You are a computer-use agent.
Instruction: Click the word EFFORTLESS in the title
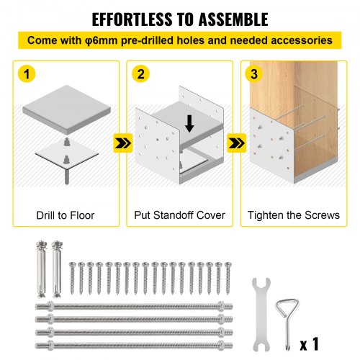pos(132,19)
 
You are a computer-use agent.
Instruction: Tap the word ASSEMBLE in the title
pos(233,19)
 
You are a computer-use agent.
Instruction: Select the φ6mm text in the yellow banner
pos(101,40)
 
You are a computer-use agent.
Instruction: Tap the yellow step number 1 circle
pos(27,73)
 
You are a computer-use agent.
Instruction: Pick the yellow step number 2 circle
pos(140,73)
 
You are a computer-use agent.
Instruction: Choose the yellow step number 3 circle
pos(254,73)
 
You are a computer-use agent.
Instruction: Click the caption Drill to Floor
pos(66,215)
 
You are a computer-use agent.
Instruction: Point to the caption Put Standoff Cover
pos(179,215)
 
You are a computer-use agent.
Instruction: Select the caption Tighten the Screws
pos(294,215)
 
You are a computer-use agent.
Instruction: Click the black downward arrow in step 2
pos(189,123)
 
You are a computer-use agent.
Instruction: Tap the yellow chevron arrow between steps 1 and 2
pos(123,143)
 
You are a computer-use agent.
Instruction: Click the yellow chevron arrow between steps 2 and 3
pos(237,143)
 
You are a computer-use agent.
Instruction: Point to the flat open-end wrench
pos(261,315)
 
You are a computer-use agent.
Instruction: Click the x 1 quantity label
pos(310,344)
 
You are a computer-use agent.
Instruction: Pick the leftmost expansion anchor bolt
pos(41,269)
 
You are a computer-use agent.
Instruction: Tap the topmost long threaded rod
pos(134,306)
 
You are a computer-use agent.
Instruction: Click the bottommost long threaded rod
pos(134,346)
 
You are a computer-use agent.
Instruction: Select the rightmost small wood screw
pos(228,279)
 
